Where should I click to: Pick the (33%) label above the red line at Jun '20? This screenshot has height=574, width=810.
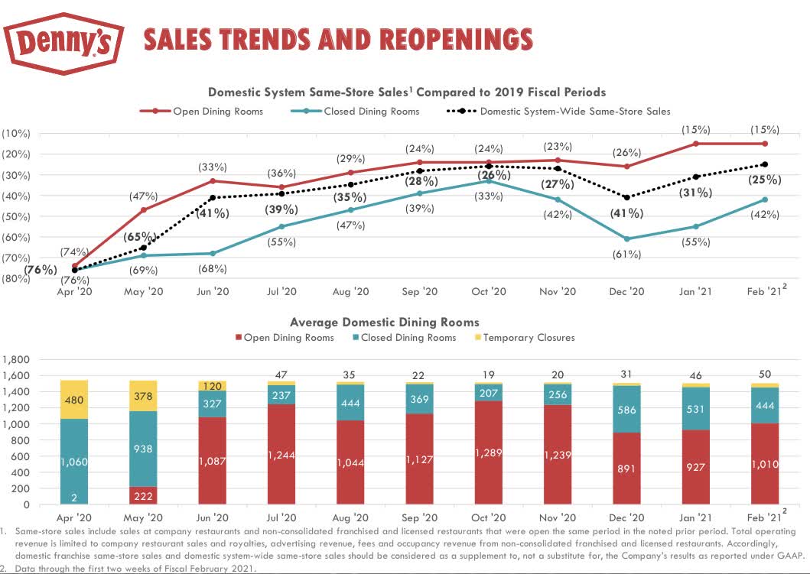pos(213,166)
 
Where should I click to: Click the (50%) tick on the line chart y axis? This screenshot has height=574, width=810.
pos(15,216)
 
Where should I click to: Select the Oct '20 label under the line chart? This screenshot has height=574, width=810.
pos(488,292)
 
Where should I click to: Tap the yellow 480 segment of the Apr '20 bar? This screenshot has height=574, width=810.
pos(75,399)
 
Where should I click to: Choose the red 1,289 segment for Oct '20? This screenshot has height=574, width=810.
pos(488,453)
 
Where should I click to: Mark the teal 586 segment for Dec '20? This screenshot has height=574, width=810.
pos(626,410)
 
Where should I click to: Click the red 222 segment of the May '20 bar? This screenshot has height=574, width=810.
pos(144,495)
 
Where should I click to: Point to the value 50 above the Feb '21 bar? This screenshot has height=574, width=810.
pos(765,372)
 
